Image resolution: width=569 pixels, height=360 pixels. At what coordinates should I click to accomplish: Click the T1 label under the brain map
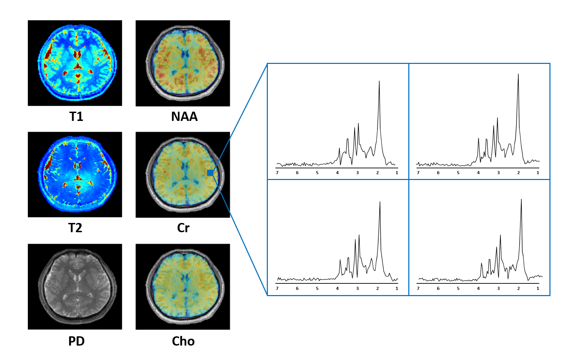pyautogui.click(x=76, y=117)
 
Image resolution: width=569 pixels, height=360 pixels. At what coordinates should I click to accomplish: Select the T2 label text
pyautogui.click(x=75, y=228)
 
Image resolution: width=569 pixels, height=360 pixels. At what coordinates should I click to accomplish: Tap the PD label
pyautogui.click(x=76, y=341)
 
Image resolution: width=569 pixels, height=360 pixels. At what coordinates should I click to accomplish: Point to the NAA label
pyautogui.click(x=184, y=117)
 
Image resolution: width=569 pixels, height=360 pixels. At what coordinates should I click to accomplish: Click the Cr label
pyautogui.click(x=183, y=228)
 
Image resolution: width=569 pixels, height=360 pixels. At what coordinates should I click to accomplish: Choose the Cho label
pyautogui.click(x=183, y=341)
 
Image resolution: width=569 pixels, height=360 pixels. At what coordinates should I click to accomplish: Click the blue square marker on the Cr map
pyautogui.click(x=210, y=172)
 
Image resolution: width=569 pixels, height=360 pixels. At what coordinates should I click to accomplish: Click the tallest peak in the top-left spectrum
pyautogui.click(x=379, y=82)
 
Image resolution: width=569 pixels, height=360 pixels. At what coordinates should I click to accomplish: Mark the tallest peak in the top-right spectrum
pyautogui.click(x=518, y=75)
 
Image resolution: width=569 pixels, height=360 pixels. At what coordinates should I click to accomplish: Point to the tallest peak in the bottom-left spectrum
pyautogui.click(x=380, y=202)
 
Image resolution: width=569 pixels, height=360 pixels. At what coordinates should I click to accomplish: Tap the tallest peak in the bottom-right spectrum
pyautogui.click(x=521, y=200)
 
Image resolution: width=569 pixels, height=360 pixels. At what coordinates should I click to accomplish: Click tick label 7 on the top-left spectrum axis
pyautogui.click(x=277, y=173)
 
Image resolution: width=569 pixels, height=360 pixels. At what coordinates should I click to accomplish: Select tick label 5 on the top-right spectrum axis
pyautogui.click(x=458, y=173)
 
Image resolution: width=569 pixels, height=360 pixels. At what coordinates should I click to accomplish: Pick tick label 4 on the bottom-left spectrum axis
pyautogui.click(x=337, y=289)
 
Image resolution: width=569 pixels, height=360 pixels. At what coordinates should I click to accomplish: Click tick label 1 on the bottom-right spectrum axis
pyautogui.click(x=538, y=289)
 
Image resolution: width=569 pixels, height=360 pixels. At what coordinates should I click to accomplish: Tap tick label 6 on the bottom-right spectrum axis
pyautogui.click(x=438, y=289)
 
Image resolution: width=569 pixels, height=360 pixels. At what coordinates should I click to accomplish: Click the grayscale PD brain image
pyautogui.click(x=75, y=286)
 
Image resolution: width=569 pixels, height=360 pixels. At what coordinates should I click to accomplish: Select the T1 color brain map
pyautogui.click(x=75, y=63)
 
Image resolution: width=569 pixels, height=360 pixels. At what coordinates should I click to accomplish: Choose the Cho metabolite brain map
pyautogui.click(x=183, y=286)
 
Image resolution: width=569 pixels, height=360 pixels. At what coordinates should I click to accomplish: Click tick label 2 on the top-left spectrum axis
pyautogui.click(x=377, y=173)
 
